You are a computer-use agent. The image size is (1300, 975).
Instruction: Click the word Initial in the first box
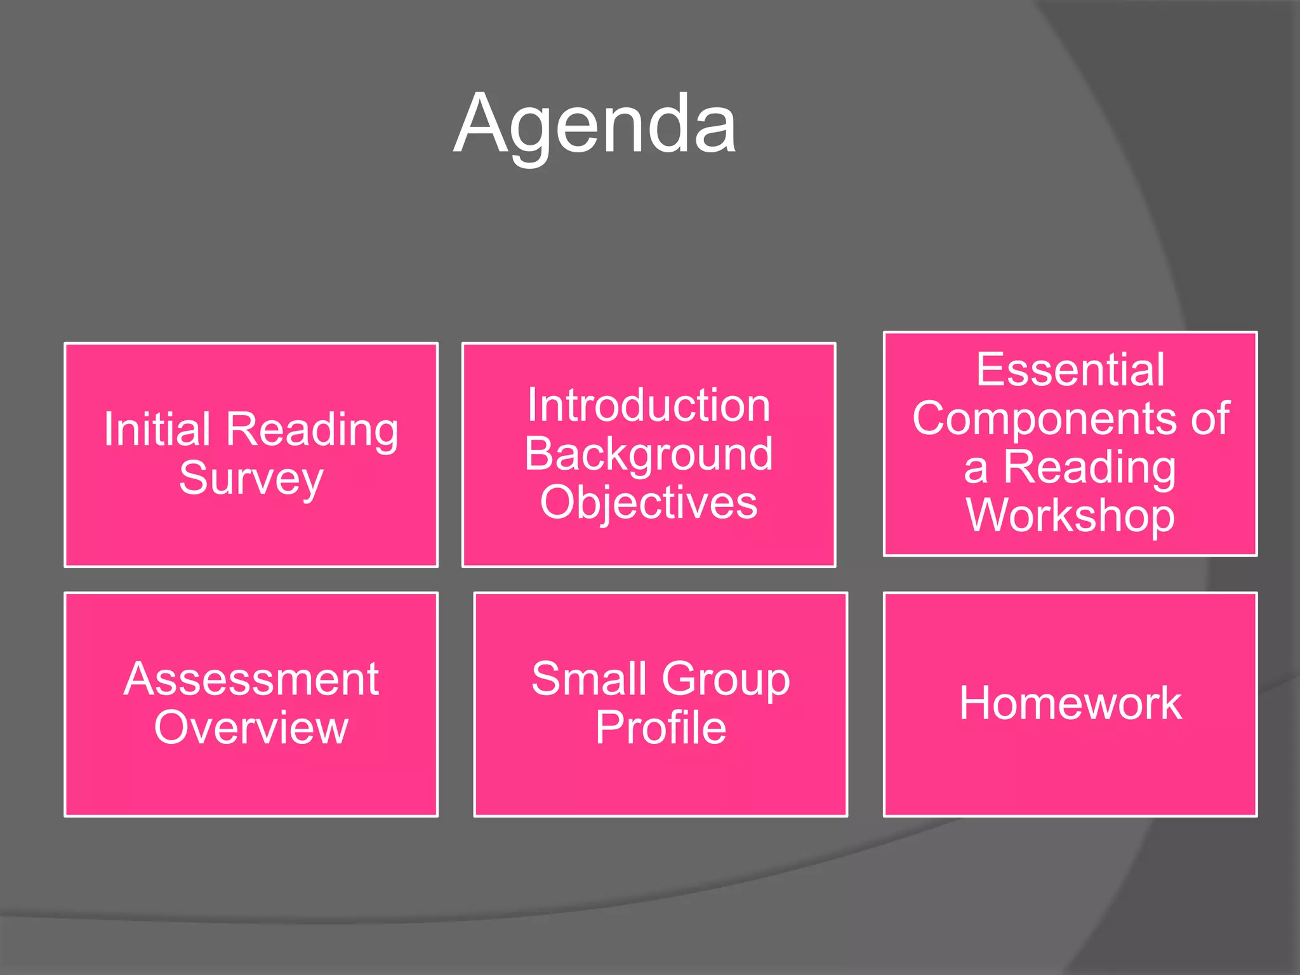(x=157, y=430)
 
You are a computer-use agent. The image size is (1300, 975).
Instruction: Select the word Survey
(x=251, y=478)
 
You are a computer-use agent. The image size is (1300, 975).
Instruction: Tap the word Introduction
(x=649, y=406)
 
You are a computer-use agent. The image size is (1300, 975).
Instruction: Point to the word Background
(x=649, y=454)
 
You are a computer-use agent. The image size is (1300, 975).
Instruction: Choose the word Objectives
(x=649, y=503)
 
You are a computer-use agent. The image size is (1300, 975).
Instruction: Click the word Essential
(x=1070, y=369)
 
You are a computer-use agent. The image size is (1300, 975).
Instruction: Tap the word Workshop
(x=1070, y=515)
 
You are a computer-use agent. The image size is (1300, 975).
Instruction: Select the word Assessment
(x=251, y=679)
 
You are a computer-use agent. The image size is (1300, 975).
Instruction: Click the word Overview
(x=251, y=727)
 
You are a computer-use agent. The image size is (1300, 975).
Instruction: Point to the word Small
(x=588, y=679)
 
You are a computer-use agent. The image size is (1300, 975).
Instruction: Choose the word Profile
(x=661, y=727)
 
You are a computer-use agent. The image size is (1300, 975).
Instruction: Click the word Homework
(x=1070, y=703)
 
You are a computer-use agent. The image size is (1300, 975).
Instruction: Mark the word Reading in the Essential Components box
(x=1089, y=468)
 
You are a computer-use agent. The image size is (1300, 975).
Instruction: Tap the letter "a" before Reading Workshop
(x=976, y=470)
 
